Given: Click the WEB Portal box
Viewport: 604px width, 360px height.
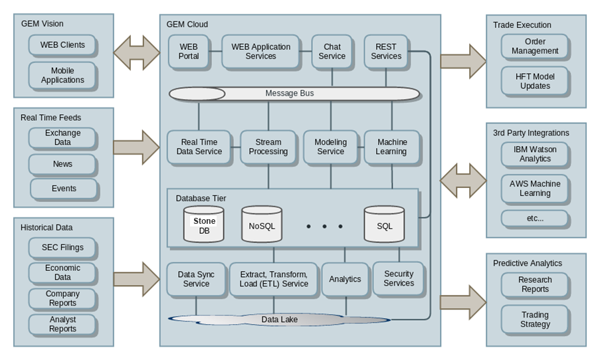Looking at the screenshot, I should pyautogui.click(x=188, y=52).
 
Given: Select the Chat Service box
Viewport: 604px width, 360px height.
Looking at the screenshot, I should pyautogui.click(x=332, y=52).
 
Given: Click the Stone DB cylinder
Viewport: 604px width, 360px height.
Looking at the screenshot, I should pyautogui.click(x=203, y=225).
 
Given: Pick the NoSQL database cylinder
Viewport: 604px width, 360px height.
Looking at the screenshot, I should pyautogui.click(x=261, y=225).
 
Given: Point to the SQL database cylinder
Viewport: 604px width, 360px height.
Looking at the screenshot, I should pyautogui.click(x=384, y=225).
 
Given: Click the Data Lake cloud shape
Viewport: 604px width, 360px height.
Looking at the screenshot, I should pyautogui.click(x=279, y=319).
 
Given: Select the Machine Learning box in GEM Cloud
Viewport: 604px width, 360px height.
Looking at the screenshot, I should pyautogui.click(x=391, y=147).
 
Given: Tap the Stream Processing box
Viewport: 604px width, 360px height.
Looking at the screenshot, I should pyautogui.click(x=268, y=147).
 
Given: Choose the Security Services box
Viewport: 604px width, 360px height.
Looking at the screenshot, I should pyautogui.click(x=398, y=278).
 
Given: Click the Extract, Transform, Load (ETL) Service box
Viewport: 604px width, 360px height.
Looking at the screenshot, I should pyautogui.click(x=273, y=279).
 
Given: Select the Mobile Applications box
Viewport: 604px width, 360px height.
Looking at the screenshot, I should pyautogui.click(x=62, y=76).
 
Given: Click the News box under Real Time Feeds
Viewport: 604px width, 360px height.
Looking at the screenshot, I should pyautogui.click(x=62, y=164).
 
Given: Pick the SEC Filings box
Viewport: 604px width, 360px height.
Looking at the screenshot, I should pyautogui.click(x=62, y=248).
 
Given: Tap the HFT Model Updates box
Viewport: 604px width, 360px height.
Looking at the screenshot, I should pyautogui.click(x=535, y=81).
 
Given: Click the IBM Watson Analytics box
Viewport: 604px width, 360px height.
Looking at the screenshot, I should pyautogui.click(x=535, y=154).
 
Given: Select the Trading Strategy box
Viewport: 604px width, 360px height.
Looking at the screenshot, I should pyautogui.click(x=535, y=319).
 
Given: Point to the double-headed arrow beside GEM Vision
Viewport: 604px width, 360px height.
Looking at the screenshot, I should pyautogui.click(x=137, y=52).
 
